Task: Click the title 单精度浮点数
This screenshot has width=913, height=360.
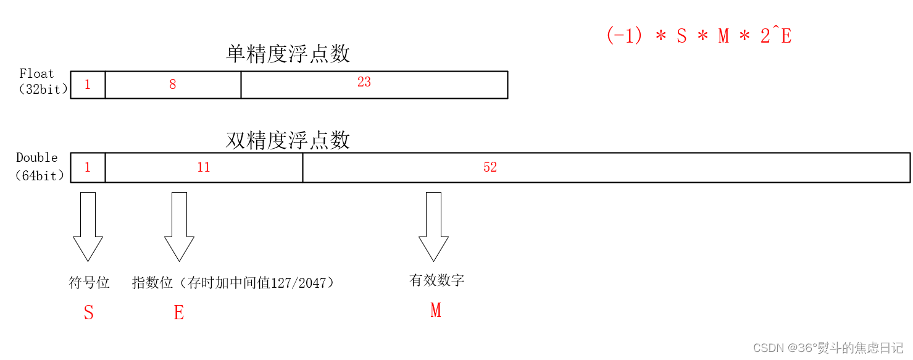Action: (288, 54)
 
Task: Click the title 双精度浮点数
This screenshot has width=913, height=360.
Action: (288, 141)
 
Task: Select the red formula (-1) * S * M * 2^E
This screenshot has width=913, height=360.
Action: (699, 36)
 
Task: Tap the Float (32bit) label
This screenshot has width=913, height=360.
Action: (42, 82)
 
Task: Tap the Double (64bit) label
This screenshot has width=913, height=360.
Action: (40, 167)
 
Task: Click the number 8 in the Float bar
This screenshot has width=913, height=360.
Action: (173, 85)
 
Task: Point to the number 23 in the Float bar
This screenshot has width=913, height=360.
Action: (364, 82)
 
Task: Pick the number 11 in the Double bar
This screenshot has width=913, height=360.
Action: (204, 167)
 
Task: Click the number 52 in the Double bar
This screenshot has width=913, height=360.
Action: (490, 167)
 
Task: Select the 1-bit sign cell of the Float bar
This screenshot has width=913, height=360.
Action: (88, 85)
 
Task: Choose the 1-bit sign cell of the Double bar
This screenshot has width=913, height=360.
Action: (88, 167)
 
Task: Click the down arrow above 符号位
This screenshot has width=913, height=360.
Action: (88, 227)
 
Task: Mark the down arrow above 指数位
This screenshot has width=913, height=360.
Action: (179, 227)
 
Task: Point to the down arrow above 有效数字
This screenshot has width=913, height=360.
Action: (433, 227)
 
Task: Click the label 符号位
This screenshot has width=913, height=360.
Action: (89, 283)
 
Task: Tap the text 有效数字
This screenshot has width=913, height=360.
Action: (436, 280)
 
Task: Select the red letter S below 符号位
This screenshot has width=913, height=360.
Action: (89, 313)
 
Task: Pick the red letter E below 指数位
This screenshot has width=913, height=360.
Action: (179, 313)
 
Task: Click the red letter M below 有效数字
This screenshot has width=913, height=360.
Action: (436, 310)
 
